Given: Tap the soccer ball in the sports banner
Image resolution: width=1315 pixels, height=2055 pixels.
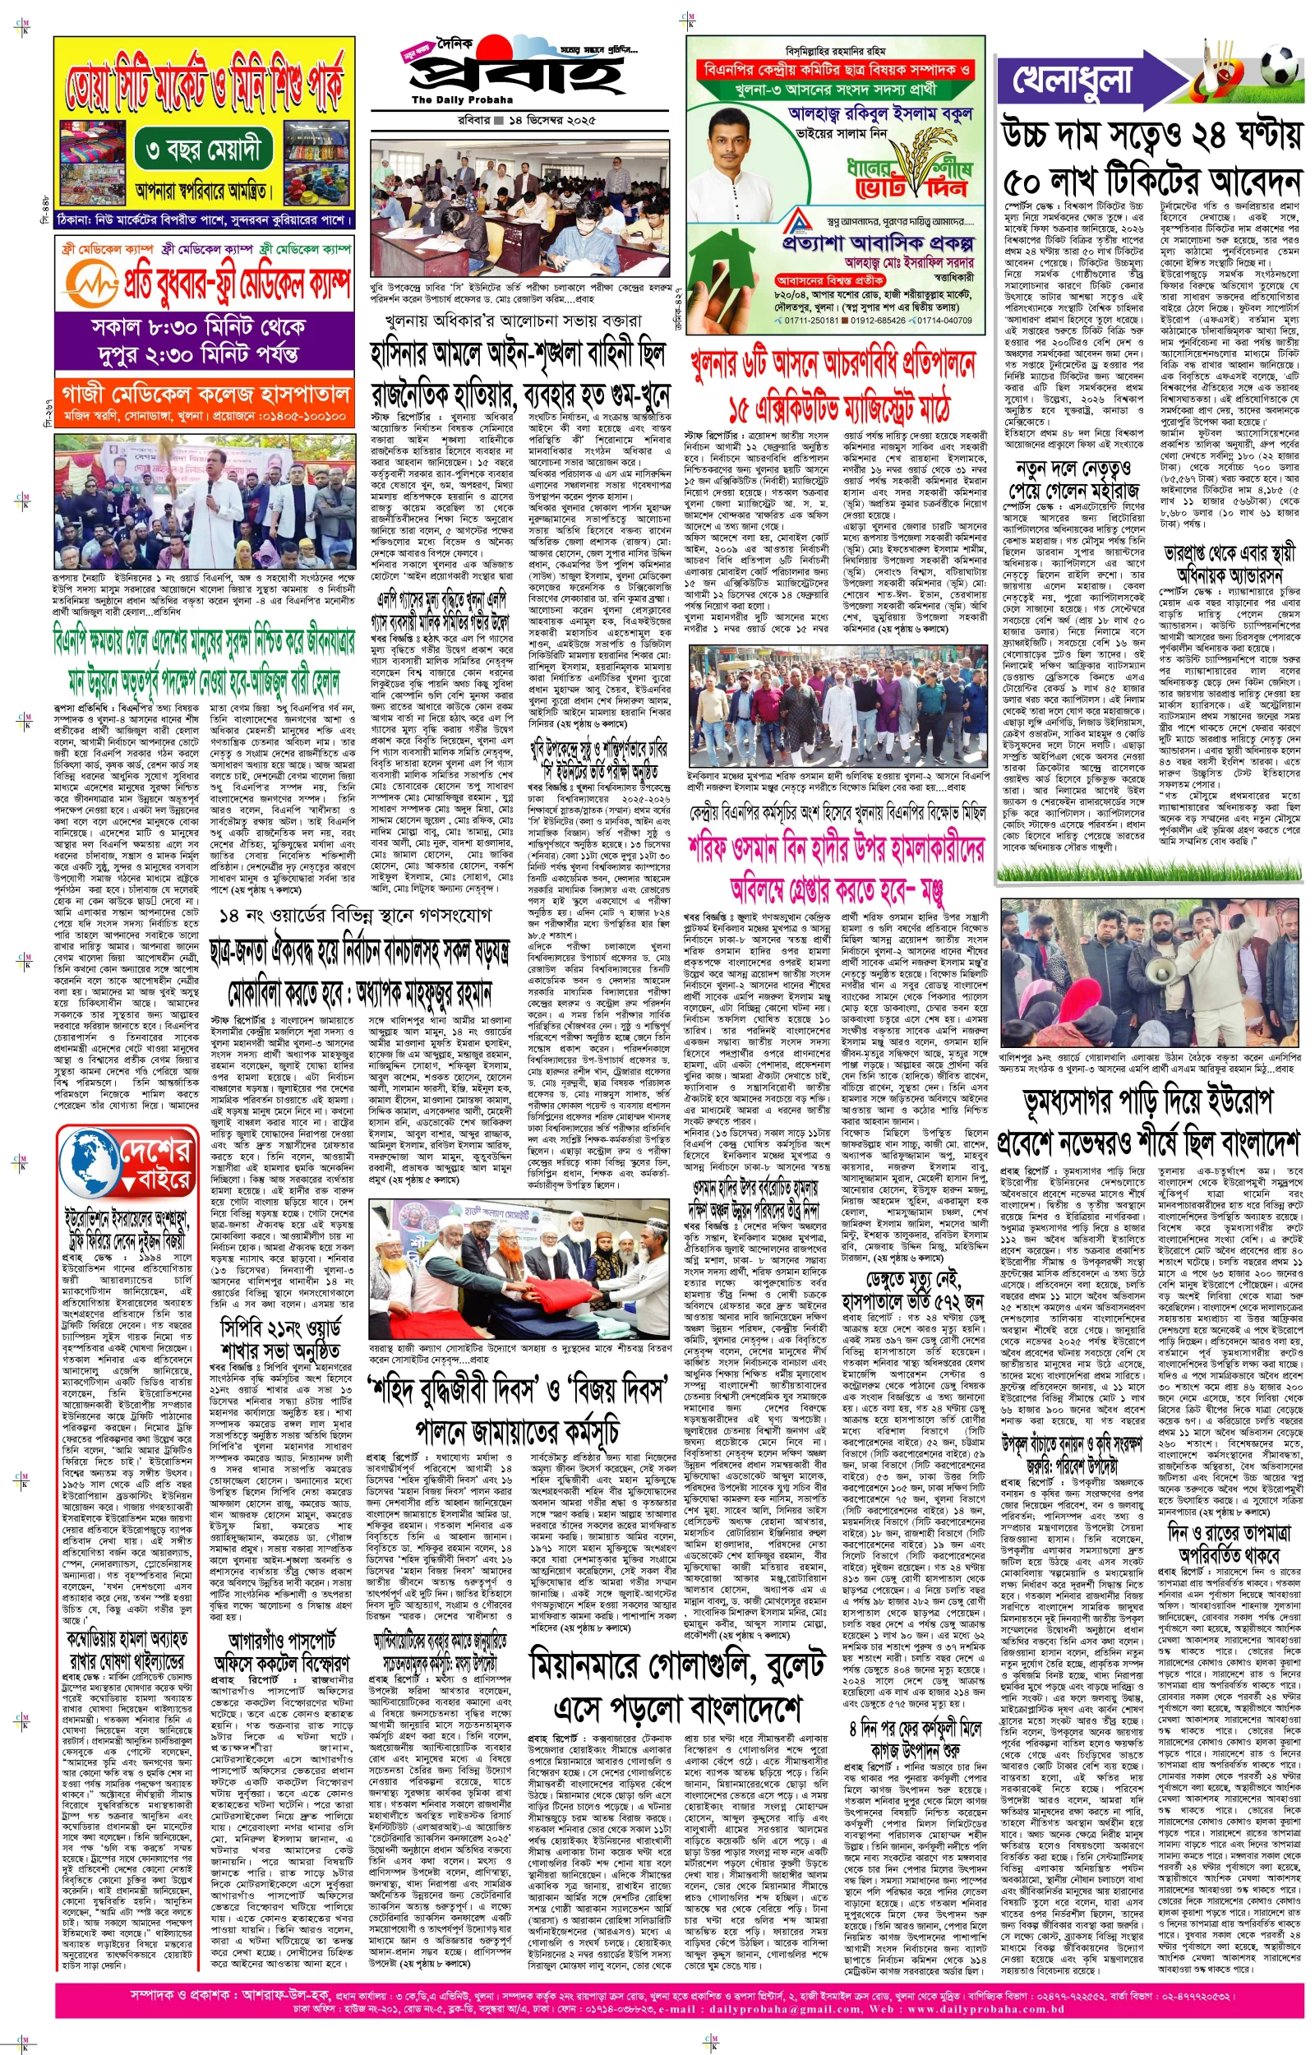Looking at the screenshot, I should coord(1276,67).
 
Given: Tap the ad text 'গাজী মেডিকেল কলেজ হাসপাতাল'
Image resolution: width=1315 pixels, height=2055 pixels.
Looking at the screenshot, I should coord(205,394).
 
